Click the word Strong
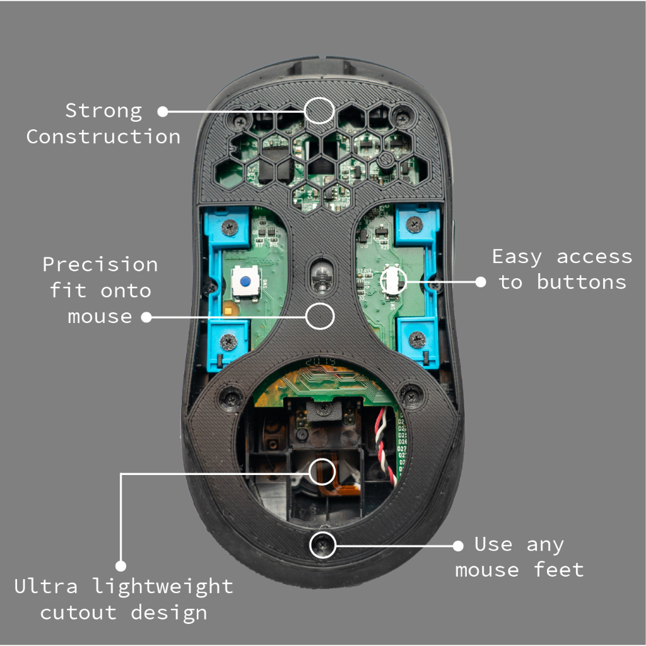103,111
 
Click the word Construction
103,137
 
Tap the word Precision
100,264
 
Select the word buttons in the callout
582,282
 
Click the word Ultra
46,587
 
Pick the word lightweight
163,587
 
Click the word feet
559,570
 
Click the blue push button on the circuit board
243,280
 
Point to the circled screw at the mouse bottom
323,544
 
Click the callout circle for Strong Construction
319,110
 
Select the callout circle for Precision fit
320,316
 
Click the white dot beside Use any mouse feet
459,544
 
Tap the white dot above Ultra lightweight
120,566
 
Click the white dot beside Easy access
481,282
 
